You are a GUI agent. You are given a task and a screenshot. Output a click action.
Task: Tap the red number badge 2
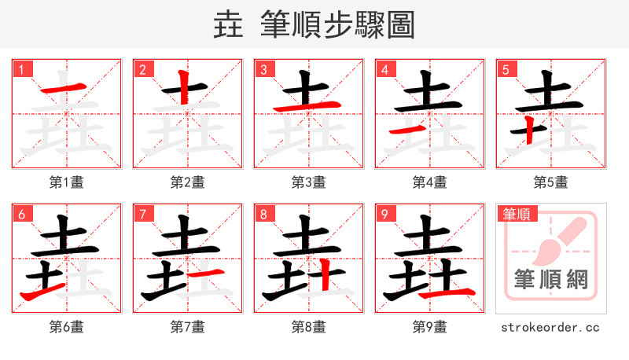142,69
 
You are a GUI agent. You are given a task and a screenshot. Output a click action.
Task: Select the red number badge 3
263,69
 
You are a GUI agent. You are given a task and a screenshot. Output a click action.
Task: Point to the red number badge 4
384,69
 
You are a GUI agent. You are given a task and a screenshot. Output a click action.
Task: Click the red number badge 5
506,69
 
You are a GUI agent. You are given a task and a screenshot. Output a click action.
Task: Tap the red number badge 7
142,214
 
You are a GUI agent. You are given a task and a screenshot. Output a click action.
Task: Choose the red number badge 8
263,214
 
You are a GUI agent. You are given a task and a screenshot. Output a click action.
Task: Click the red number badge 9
384,214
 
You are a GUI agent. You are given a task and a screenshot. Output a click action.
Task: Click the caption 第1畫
66,182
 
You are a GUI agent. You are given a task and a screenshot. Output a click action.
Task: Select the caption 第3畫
308,182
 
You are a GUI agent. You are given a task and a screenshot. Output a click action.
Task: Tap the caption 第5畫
550,182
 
